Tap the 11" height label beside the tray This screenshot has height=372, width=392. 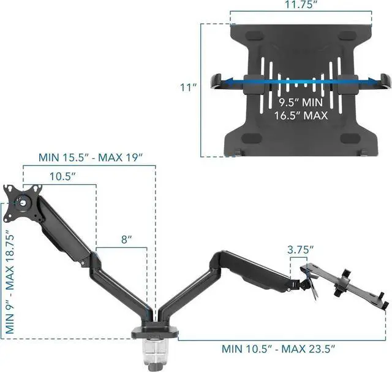pos(187,87)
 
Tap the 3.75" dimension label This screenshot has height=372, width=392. pos(301,250)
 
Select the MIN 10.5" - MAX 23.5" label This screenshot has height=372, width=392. pos(278,349)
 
